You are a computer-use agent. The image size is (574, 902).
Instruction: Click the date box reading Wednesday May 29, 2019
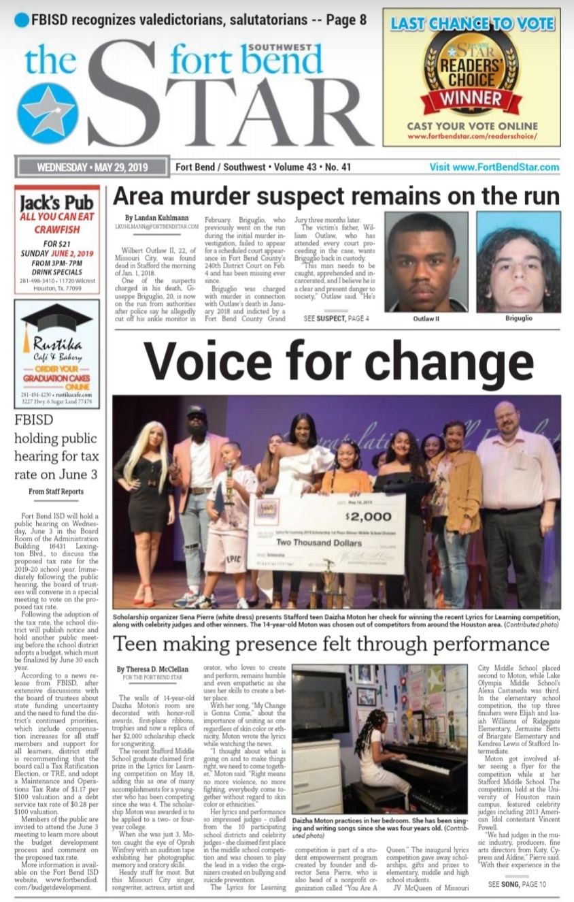[92, 167]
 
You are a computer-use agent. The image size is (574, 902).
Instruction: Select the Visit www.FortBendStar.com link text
[494, 167]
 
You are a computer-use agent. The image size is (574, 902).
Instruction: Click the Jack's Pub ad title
[56, 203]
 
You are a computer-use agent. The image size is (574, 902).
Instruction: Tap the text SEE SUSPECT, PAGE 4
[337, 318]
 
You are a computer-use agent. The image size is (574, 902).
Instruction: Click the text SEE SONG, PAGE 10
[517, 884]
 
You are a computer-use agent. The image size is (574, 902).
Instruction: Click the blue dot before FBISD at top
[22, 20]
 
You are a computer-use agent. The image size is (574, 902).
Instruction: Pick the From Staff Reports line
[56, 491]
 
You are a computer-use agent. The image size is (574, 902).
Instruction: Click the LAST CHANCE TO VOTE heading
[472, 24]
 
